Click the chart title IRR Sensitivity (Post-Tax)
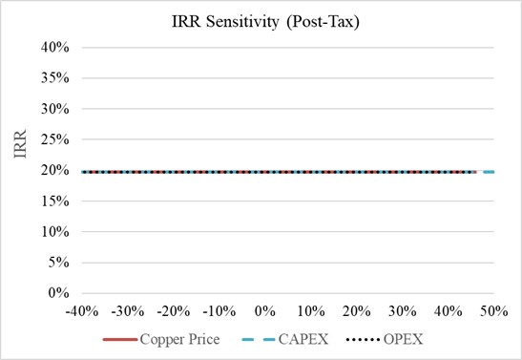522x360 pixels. point(265,22)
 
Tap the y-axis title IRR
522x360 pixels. point(20,144)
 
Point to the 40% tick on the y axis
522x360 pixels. point(55,48)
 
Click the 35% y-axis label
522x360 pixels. point(55,78)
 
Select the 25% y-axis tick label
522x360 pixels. point(55,139)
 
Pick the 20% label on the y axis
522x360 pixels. point(55,170)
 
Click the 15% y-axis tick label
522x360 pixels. point(55,201)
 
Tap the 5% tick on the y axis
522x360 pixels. point(59,263)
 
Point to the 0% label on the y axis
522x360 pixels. point(59,293)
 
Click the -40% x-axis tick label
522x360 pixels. point(82,311)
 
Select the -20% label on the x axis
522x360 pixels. point(174,311)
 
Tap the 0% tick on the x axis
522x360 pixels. point(265,311)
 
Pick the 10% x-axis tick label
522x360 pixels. point(311,311)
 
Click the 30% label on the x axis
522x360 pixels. point(402,311)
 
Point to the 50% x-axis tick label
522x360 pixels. point(493,311)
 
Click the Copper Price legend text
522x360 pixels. point(179,339)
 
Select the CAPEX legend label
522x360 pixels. point(303,339)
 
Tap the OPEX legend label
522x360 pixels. point(403,339)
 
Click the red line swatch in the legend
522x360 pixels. point(120,340)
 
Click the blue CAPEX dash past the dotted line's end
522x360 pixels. point(489,172)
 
